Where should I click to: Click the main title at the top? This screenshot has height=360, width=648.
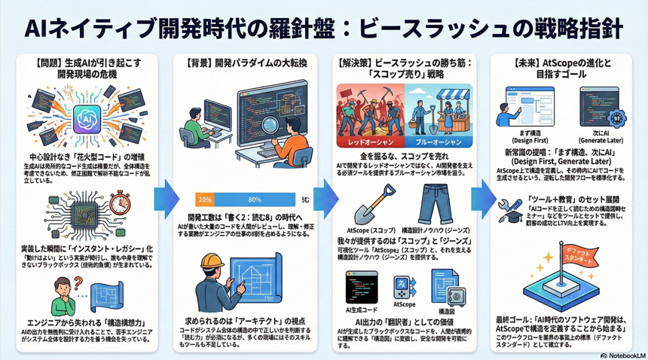pyautogui.click(x=324, y=28)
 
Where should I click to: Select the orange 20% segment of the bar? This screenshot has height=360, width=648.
pyautogui.click(x=204, y=200)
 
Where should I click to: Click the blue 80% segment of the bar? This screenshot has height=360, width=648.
pyautogui.click(x=254, y=200)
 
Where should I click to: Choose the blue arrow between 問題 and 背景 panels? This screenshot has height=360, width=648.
pyautogui.click(x=167, y=199)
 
